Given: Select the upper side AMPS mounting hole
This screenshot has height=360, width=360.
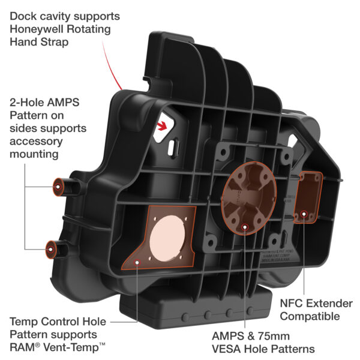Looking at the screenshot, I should pyautogui.click(x=56, y=186).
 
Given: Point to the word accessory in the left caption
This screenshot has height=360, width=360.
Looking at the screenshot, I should pyautogui.click(x=34, y=142).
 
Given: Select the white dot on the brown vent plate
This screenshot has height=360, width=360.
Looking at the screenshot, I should pyautogui.click(x=138, y=260).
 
